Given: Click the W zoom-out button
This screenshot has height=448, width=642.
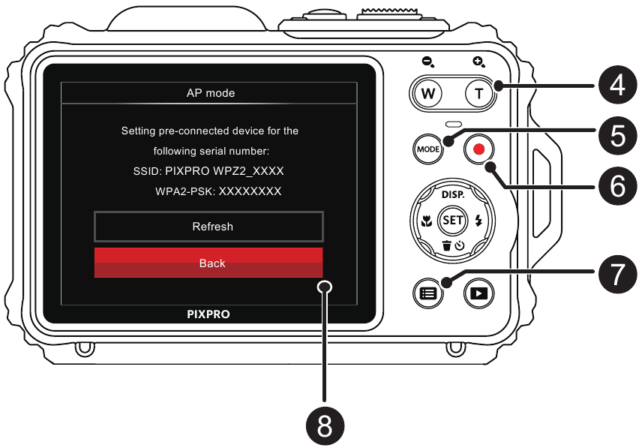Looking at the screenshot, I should pyautogui.click(x=428, y=95).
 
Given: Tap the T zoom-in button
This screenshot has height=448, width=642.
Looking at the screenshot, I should pyautogui.click(x=478, y=95).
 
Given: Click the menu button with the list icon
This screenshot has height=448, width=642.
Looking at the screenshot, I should pyautogui.click(x=427, y=293).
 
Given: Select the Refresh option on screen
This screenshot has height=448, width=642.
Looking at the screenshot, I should pyautogui.click(x=212, y=226).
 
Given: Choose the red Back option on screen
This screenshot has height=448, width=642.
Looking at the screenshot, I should pyautogui.click(x=208, y=263).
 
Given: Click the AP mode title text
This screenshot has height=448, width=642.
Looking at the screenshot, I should pyautogui.click(x=210, y=93).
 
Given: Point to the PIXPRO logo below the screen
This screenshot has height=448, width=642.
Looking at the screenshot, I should pyautogui.click(x=208, y=315).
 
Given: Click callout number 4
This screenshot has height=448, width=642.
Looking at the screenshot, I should pyautogui.click(x=617, y=86).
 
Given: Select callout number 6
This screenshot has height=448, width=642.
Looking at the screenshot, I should pyautogui.click(x=617, y=185).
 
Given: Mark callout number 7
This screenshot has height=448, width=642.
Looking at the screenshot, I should pyautogui.click(x=617, y=274).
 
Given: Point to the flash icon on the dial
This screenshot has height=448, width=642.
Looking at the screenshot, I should pyautogui.click(x=479, y=221).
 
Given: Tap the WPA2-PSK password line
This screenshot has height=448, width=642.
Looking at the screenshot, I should pyautogui.click(x=218, y=191).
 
